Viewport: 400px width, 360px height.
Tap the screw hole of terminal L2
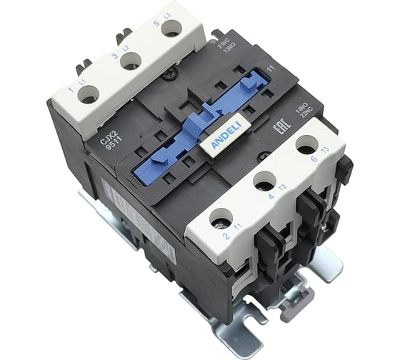tap(129, 61)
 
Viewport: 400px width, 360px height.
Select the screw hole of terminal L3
tap(170, 27)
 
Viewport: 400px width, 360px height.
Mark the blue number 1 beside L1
tap(70, 91)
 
